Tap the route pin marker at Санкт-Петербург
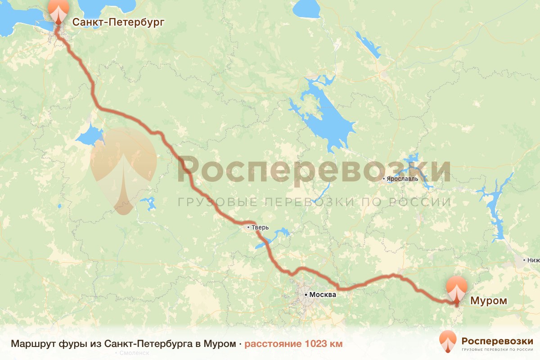tap(58, 11)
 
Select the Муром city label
tap(489, 301)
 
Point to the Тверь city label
tap(260, 228)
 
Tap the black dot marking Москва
tap(306, 295)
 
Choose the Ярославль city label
tap(402, 179)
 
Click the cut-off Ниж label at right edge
tap(534, 260)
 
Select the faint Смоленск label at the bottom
tap(134, 353)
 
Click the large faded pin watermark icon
tap(124, 169)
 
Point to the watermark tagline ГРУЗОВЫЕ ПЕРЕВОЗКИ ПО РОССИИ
tap(314, 202)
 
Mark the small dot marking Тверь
tap(248, 228)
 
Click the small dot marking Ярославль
tap(383, 179)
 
